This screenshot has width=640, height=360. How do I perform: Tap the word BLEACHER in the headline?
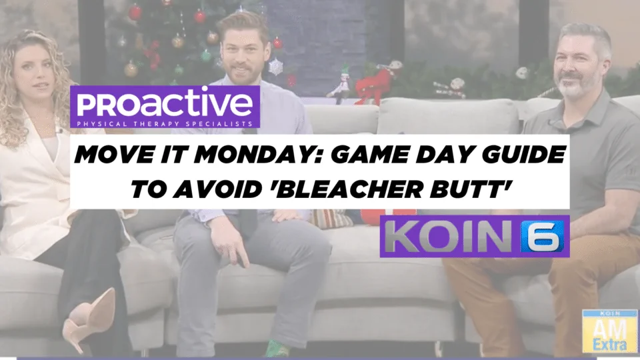click(348, 189)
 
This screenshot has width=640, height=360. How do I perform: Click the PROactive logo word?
click(165, 104)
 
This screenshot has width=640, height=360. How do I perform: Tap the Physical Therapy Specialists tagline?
click(165, 124)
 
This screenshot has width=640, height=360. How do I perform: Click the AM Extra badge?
click(610, 331)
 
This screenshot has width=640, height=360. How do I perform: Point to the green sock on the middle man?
click(277, 349)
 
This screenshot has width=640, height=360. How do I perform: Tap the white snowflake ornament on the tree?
click(276, 67)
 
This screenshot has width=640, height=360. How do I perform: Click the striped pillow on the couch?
click(331, 219)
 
